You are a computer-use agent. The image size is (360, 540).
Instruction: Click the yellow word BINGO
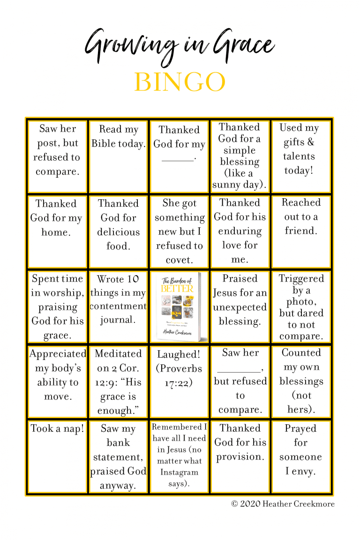(x=180, y=82)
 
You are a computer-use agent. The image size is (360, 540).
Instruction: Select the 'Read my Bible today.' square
(x=119, y=156)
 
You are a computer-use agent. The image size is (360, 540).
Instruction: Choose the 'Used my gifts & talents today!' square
(x=300, y=156)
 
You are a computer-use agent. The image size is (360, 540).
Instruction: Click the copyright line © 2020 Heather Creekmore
(x=283, y=504)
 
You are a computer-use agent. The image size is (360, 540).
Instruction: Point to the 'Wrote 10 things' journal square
(x=119, y=307)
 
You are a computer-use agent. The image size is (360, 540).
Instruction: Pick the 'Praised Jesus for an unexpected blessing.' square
(x=240, y=307)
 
